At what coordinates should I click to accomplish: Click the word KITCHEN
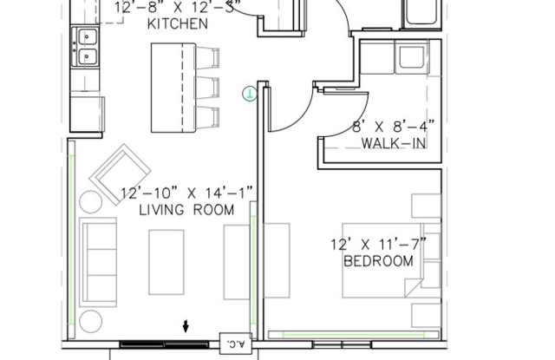click(178, 24)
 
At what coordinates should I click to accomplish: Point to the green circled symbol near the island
click(249, 94)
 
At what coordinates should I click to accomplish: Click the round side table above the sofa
click(91, 202)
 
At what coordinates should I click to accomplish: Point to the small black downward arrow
click(186, 327)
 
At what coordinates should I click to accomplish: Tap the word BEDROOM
click(378, 260)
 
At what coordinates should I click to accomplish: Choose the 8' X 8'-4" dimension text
click(392, 127)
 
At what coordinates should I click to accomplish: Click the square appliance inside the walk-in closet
click(407, 57)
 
